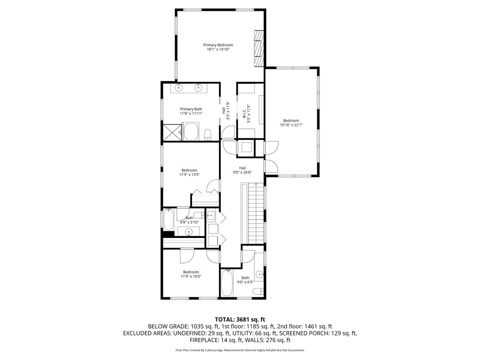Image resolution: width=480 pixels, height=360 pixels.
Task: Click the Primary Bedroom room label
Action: [x=218, y=47]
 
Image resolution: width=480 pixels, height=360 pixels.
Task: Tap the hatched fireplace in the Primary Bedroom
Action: [x=260, y=48]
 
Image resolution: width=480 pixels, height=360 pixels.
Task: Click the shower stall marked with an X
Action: [x=171, y=132]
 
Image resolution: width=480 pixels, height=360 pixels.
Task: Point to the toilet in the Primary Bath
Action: [x=208, y=134]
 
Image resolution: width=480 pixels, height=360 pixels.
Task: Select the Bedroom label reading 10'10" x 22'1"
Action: [x=291, y=123]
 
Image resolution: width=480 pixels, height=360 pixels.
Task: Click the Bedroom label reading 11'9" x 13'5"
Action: [x=189, y=172]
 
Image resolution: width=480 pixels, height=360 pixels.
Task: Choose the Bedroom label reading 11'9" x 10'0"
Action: [x=191, y=274]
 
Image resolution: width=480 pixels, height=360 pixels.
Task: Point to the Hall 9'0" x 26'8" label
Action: [x=242, y=170]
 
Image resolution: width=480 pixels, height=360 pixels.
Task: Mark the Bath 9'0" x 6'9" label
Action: [x=245, y=280]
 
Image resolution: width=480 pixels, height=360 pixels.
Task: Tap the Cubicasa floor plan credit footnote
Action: [x=240, y=350]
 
